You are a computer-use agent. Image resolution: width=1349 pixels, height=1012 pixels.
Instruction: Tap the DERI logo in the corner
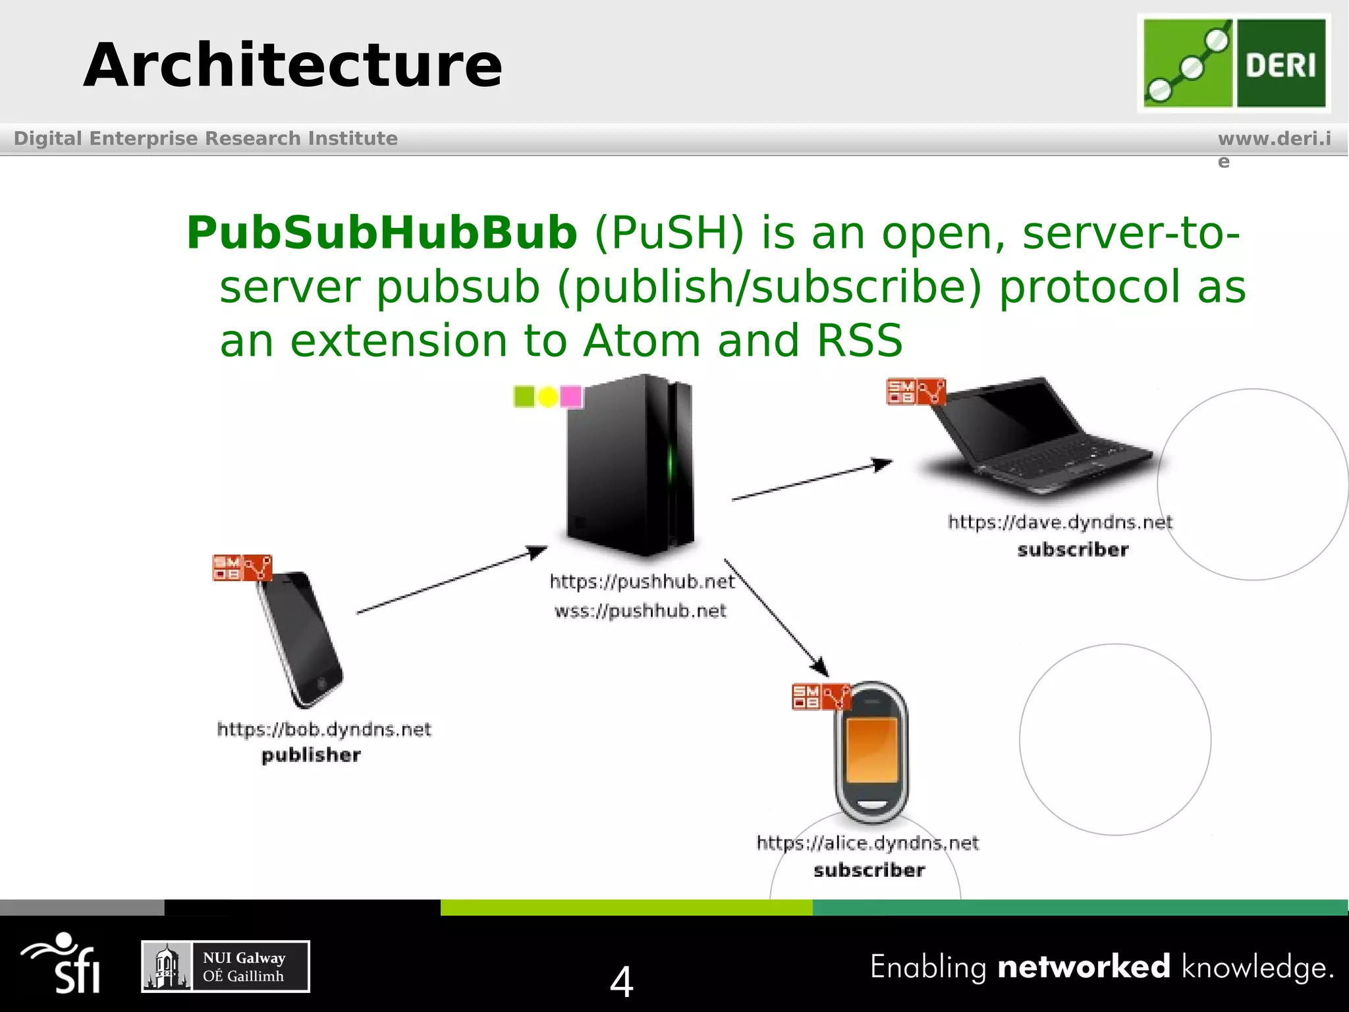(1234, 63)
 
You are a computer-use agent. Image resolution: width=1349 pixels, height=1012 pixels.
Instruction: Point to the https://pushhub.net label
(642, 581)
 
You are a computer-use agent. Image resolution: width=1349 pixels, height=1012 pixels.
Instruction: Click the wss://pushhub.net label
(640, 611)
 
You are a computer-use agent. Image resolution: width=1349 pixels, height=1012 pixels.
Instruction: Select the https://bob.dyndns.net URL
(324, 729)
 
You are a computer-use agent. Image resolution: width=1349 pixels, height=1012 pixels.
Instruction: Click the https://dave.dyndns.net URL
(1060, 522)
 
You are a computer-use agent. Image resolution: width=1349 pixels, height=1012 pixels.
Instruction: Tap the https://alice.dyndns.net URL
(867, 843)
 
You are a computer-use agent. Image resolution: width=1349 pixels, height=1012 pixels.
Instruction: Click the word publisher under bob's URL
(311, 755)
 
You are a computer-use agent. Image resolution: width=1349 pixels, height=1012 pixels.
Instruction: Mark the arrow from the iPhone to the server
(452, 580)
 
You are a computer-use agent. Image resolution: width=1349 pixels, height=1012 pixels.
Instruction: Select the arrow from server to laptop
(812, 480)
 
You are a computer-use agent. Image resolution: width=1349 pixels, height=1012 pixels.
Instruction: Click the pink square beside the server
(570, 397)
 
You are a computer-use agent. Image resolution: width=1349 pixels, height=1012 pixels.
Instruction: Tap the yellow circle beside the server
(548, 397)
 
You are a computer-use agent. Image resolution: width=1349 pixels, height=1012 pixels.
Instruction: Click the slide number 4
(621, 982)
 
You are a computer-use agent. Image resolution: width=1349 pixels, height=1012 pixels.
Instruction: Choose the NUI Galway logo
(225, 967)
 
